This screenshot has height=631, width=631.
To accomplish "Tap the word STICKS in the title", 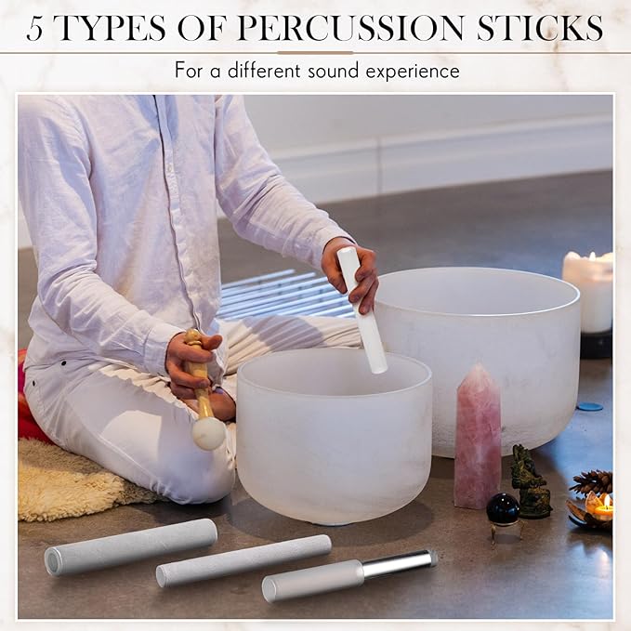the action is [540, 28].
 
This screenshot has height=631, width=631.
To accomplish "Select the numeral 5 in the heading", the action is [34, 29].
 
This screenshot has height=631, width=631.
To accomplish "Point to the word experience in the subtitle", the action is [413, 72].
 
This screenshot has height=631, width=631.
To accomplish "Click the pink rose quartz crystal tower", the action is [478, 436].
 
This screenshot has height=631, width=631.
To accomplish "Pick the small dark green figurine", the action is [531, 481].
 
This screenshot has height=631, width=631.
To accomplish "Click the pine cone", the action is [592, 482].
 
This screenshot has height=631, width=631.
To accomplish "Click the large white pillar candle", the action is [588, 291].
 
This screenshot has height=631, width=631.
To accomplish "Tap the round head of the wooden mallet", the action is [209, 434].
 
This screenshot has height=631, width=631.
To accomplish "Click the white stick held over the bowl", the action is [362, 310].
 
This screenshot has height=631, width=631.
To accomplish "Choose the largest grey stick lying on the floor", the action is [131, 546].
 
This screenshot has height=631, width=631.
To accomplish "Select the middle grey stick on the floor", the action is [243, 560].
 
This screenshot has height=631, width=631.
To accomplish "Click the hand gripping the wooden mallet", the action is [193, 365].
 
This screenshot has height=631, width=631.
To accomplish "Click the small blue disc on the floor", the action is [589, 406].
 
